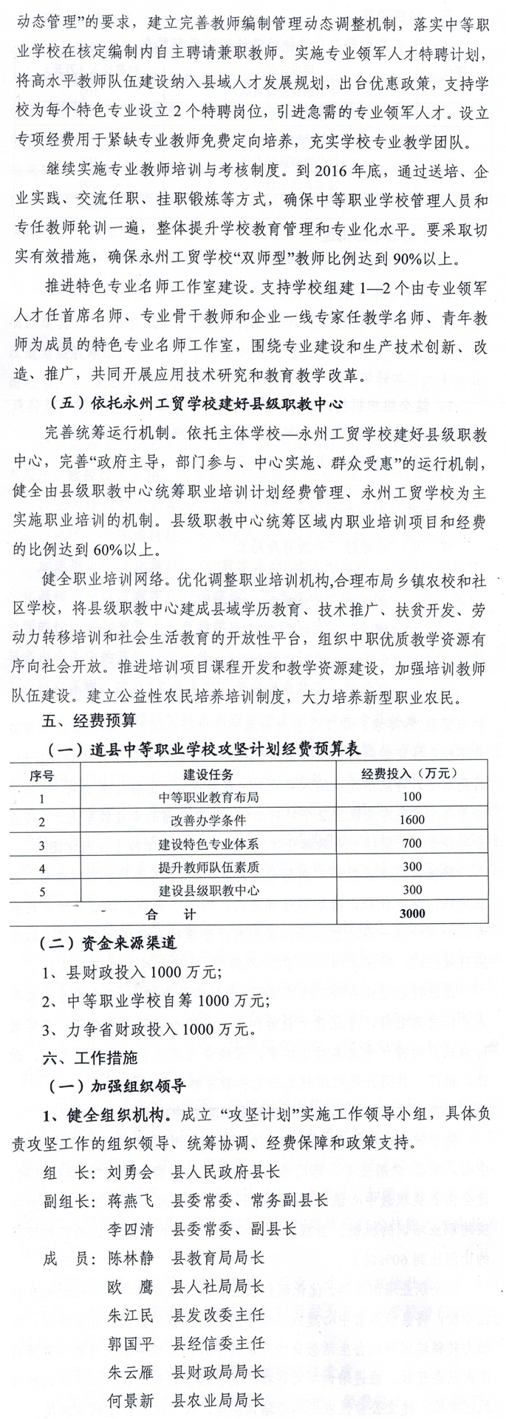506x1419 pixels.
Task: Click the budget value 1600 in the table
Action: (x=411, y=820)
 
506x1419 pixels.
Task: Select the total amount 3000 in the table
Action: (x=411, y=913)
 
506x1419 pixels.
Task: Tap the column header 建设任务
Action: (x=208, y=774)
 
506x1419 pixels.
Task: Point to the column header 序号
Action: (x=42, y=774)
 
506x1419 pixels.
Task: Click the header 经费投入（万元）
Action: (x=410, y=774)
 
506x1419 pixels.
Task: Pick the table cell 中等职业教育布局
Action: (x=208, y=797)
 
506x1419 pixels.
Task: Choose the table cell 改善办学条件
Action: (x=208, y=820)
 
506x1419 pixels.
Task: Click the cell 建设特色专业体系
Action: (x=208, y=843)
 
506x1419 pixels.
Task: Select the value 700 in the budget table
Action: (x=411, y=843)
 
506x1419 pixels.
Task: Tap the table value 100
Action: (x=411, y=797)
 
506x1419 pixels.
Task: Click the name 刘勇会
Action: (x=130, y=1172)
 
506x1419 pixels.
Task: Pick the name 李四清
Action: (x=130, y=1229)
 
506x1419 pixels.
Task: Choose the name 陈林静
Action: (x=130, y=1258)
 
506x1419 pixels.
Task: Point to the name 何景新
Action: (x=130, y=1400)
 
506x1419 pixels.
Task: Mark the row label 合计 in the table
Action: (x=171, y=913)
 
